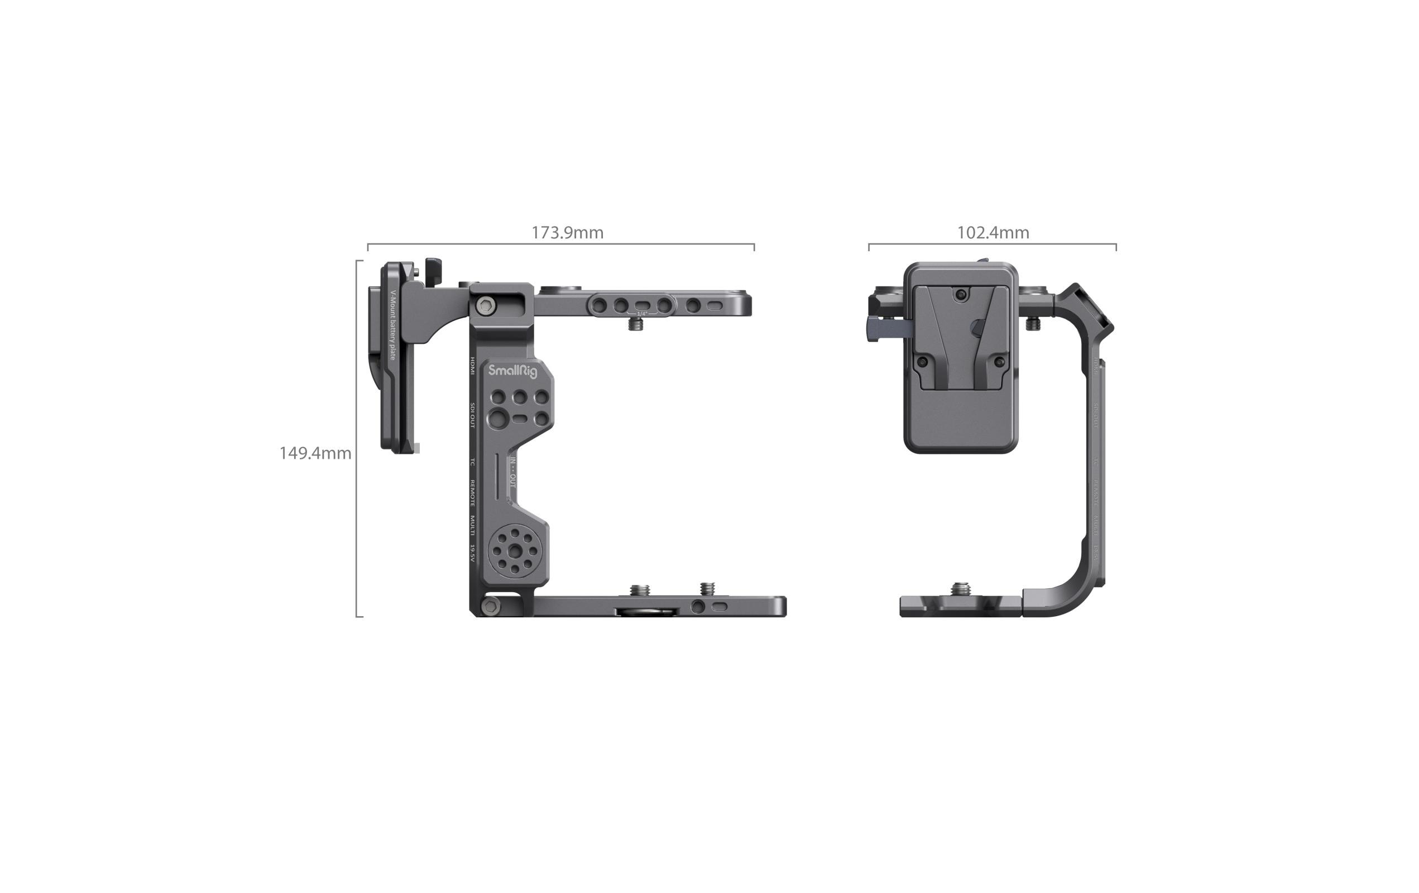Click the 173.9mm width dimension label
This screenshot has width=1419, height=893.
[x=567, y=233]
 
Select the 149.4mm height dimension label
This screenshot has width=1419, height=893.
[x=315, y=453]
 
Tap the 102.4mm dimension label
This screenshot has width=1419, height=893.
[x=993, y=233]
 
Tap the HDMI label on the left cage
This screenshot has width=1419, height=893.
[x=473, y=366]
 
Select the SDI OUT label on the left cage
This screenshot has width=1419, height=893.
[x=473, y=415]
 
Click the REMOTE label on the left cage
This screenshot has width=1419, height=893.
[x=473, y=493]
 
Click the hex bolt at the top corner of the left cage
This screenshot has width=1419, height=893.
[x=485, y=305]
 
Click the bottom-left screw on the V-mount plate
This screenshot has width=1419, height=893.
[x=923, y=361]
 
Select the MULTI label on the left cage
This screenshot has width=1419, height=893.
[x=473, y=525]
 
